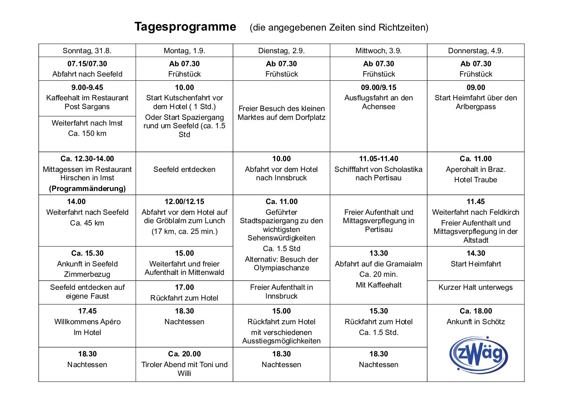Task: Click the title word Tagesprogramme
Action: point(185,27)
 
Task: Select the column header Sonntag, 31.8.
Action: point(87,51)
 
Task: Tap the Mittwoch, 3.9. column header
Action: point(379,51)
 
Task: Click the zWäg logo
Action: point(478,354)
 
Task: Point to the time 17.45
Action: point(87,311)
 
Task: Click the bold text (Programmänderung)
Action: point(87,188)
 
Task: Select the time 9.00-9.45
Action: point(87,87)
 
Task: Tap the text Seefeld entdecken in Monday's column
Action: point(184,169)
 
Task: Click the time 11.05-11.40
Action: point(379,158)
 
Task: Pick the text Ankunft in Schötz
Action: point(476,322)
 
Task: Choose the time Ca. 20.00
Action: point(184,354)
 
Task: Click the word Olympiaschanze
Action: point(281,268)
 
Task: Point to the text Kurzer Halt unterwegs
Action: point(475,287)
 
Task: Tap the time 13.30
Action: point(379,253)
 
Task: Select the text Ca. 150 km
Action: point(87,133)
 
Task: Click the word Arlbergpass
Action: point(476,106)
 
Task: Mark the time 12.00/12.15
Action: point(184,201)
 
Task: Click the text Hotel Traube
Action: point(475,180)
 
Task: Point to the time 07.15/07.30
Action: point(87,64)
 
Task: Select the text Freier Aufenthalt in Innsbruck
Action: point(281,291)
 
